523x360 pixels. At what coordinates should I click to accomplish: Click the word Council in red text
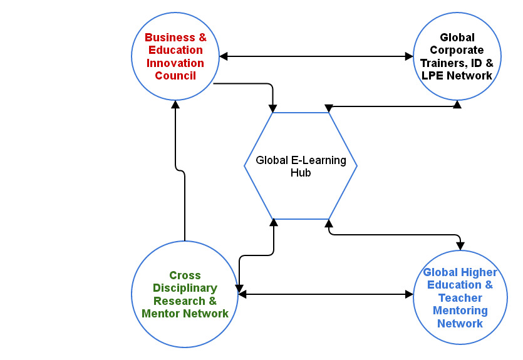[x=175, y=76]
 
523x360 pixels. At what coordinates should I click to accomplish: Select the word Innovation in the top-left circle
[x=175, y=63]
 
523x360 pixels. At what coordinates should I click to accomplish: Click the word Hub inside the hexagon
[x=301, y=173]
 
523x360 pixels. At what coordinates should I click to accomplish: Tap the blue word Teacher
[x=460, y=298]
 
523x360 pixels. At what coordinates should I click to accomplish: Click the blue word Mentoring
[x=460, y=311]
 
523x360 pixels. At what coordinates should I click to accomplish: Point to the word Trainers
[x=444, y=63]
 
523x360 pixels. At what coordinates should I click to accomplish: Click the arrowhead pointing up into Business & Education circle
[x=176, y=106]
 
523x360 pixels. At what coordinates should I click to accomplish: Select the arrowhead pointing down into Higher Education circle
[x=460, y=244]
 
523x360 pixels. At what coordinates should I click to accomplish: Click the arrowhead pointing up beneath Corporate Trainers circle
[x=457, y=104]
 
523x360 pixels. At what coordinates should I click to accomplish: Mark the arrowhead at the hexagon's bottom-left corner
[x=274, y=222]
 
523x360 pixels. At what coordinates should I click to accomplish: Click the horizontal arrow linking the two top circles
[x=316, y=57]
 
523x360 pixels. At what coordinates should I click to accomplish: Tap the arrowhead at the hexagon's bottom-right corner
[x=329, y=223]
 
